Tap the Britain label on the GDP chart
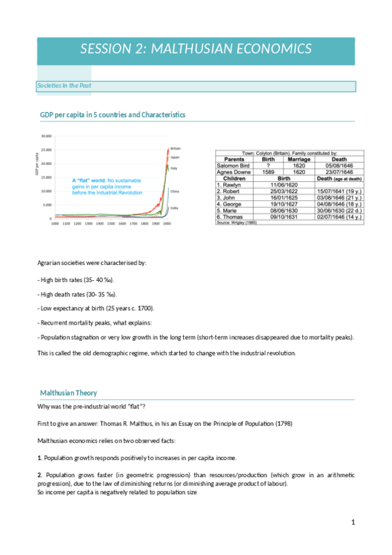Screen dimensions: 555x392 tap(175, 148)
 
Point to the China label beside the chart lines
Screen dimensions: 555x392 tap(175, 190)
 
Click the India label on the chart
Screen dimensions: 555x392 tap(174, 207)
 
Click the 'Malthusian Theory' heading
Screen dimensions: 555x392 tap(69, 393)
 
